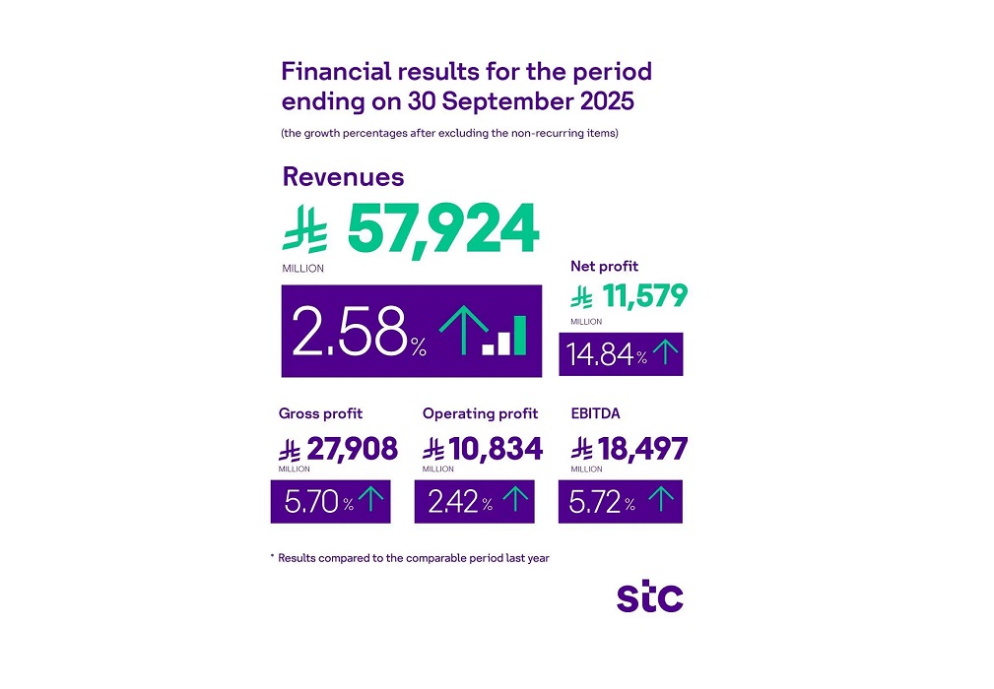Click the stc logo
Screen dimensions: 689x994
(649, 596)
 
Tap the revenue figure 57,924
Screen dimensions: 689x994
(442, 229)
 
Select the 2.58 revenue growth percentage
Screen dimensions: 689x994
(350, 331)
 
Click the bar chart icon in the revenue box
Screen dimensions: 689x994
(505, 336)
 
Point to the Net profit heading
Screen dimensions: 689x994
(604, 266)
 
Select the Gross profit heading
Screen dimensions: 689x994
(320, 413)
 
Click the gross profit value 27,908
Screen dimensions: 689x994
(352, 450)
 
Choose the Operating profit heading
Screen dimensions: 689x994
(481, 413)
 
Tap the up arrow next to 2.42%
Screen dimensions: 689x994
(514, 501)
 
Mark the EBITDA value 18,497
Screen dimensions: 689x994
(642, 450)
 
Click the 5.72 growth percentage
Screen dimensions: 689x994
(595, 503)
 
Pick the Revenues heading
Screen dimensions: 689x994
(343, 176)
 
